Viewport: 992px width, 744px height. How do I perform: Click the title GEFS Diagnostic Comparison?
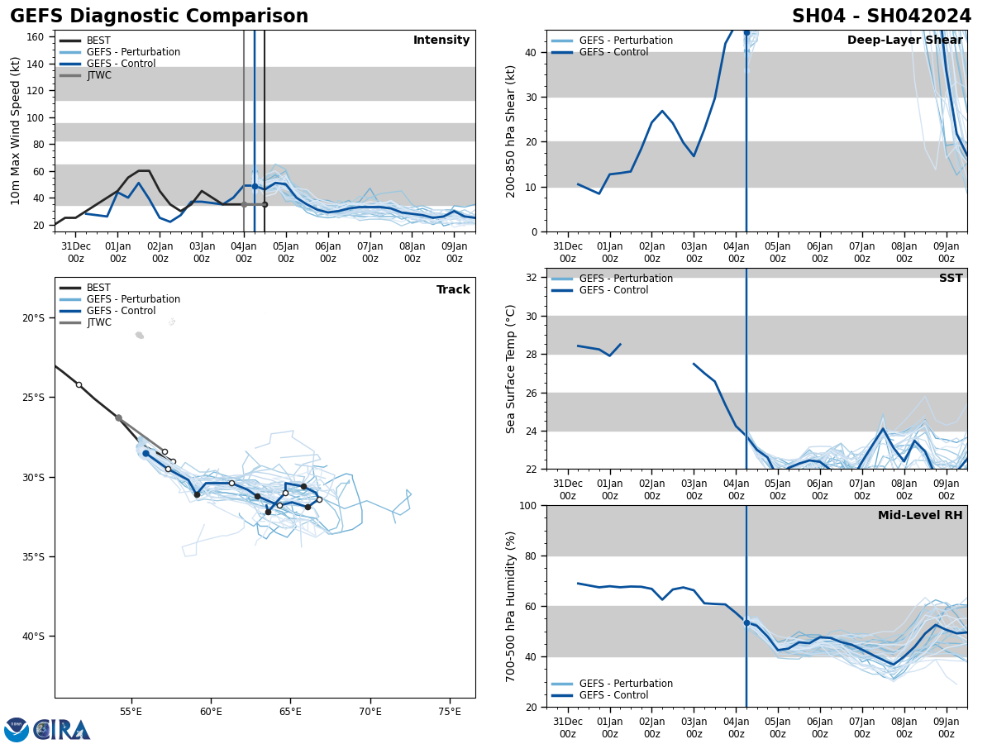click(x=159, y=17)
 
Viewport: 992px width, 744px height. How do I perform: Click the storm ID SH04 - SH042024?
click(x=881, y=17)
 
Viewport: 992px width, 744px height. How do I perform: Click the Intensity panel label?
click(x=441, y=41)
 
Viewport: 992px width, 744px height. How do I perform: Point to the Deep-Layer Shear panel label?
click(x=904, y=41)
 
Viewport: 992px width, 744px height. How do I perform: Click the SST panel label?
click(x=951, y=279)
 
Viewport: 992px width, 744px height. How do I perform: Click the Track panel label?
click(x=453, y=290)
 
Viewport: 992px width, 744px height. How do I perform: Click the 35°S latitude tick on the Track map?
click(x=33, y=556)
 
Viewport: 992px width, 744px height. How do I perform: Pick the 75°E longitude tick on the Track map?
click(x=450, y=711)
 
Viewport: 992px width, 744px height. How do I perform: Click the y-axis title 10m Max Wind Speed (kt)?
click(x=16, y=131)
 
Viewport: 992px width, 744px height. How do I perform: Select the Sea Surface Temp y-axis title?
click(x=511, y=369)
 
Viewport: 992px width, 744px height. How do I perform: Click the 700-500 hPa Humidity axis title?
click(x=511, y=606)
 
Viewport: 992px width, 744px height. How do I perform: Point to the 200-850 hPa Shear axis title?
click(x=511, y=131)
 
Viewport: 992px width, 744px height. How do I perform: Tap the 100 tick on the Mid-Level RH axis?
click(x=526, y=505)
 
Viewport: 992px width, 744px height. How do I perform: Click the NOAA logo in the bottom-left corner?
click(x=17, y=730)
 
